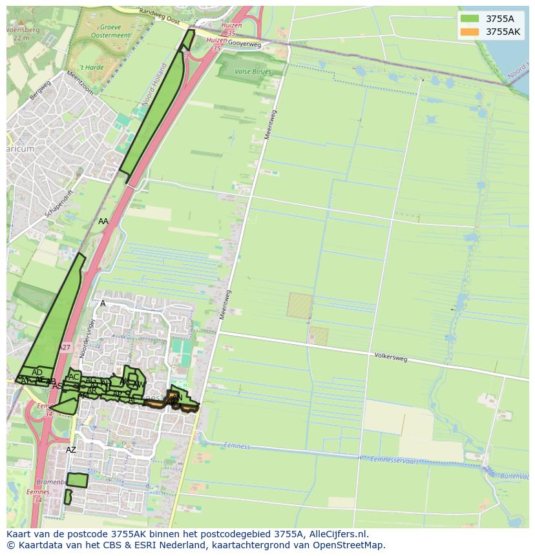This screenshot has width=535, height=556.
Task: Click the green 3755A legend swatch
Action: point(470,19)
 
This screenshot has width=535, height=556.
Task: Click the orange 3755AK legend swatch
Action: point(470,32)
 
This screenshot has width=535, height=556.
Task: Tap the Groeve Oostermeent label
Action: point(110,32)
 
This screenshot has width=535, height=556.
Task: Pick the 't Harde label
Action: point(91,67)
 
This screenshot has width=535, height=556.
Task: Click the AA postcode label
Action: point(103,221)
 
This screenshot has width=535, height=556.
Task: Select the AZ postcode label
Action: point(71,449)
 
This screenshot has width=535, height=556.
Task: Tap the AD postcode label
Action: point(37,372)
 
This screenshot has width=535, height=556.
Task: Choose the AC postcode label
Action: point(74,377)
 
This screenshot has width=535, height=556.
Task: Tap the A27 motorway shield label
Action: point(65,347)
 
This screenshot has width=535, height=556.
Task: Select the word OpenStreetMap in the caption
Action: point(348,545)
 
